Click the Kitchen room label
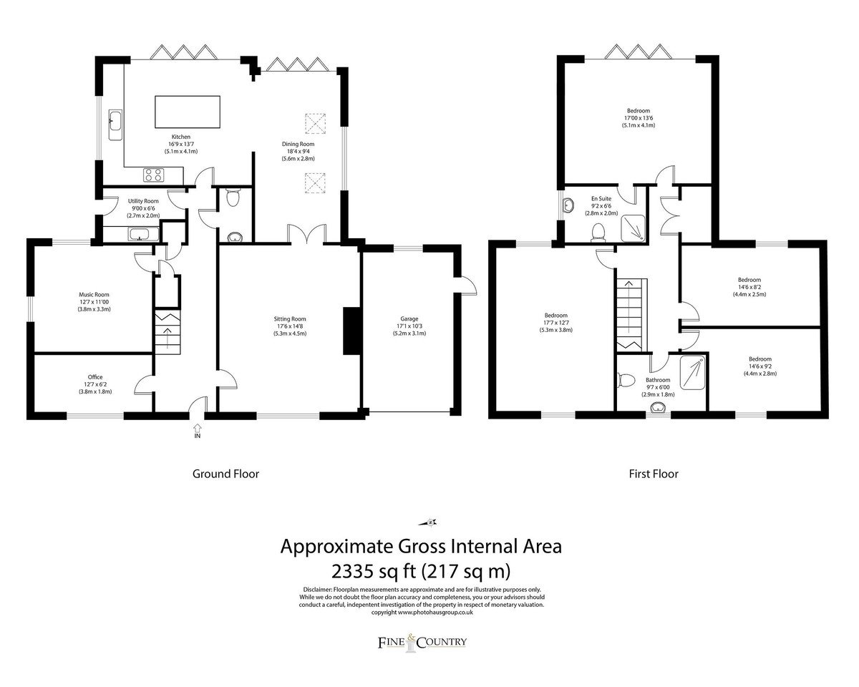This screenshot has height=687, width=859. click(181, 137)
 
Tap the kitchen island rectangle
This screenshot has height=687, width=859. click(188, 112)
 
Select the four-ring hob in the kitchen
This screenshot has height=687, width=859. click(154, 175)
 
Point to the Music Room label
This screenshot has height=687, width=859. click(94, 295)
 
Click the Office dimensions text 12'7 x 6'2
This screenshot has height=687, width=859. click(95, 384)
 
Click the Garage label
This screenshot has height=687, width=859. click(409, 318)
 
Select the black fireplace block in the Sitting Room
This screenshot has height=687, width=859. click(351, 331)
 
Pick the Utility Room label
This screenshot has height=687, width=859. click(143, 201)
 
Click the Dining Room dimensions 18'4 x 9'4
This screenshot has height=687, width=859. click(299, 151)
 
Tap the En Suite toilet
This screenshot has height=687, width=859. click(598, 233)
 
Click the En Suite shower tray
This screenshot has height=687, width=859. click(633, 228)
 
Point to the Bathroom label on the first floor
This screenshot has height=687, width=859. click(658, 380)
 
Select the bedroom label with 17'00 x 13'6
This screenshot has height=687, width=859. click(639, 111)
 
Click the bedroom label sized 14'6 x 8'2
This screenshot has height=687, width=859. click(749, 280)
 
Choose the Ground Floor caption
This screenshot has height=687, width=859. click(226, 474)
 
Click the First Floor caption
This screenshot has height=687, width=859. click(654, 474)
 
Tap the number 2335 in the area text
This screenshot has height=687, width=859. click(353, 572)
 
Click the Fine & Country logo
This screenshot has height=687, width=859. click(422, 643)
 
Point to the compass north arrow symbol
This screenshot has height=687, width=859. click(428, 522)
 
